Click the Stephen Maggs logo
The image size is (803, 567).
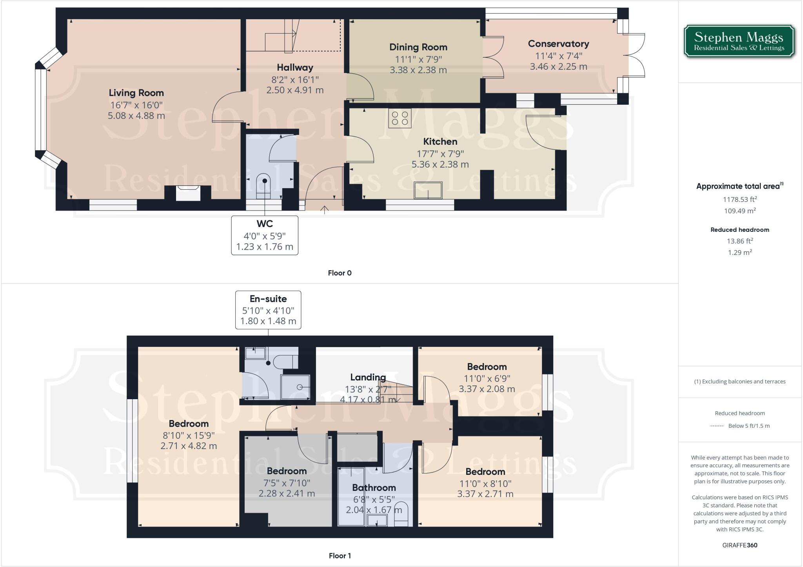739,42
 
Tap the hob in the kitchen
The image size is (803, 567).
400,118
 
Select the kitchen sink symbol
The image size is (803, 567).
428,191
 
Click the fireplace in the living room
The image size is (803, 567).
188,193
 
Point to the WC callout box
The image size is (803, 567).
265,235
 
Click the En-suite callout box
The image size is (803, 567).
268,310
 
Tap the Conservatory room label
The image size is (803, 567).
558,44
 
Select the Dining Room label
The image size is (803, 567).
418,47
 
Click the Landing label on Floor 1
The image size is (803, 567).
368,377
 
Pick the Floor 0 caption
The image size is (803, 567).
340,273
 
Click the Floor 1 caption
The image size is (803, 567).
340,556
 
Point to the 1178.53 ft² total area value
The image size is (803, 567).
739,199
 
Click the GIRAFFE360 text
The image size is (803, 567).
739,545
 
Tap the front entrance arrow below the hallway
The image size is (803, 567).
324,210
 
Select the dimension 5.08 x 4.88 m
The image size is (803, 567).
136,116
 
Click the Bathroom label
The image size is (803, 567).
374,488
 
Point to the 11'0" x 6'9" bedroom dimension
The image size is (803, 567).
487,378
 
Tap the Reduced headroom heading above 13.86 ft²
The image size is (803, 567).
739,230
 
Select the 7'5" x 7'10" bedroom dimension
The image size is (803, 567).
286,483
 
